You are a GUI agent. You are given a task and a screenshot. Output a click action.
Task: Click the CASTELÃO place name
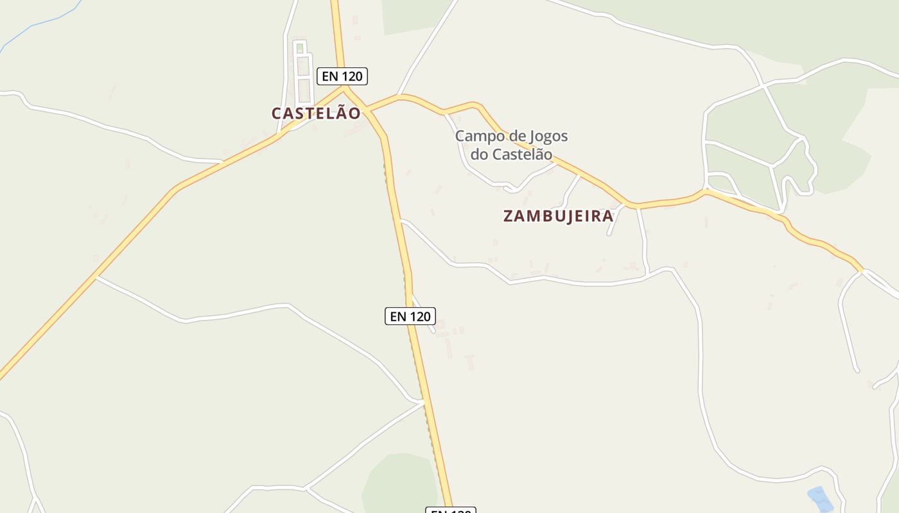(x=316, y=114)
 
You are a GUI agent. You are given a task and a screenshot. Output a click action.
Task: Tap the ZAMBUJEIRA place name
(x=558, y=216)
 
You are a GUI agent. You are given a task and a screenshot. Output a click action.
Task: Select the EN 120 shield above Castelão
(x=342, y=76)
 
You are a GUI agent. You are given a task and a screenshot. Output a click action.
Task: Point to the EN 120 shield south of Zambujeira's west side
(x=410, y=316)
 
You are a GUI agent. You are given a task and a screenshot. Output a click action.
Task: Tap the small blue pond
(x=819, y=498)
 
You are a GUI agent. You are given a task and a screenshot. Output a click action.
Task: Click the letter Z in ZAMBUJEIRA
(x=509, y=216)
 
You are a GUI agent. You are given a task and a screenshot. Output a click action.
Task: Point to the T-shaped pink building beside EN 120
(x=469, y=362)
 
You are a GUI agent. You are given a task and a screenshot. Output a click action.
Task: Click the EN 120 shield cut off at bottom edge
(x=450, y=510)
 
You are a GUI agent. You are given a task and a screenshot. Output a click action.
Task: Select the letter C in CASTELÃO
(x=277, y=114)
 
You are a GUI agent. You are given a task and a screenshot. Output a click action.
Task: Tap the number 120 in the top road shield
(x=352, y=76)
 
